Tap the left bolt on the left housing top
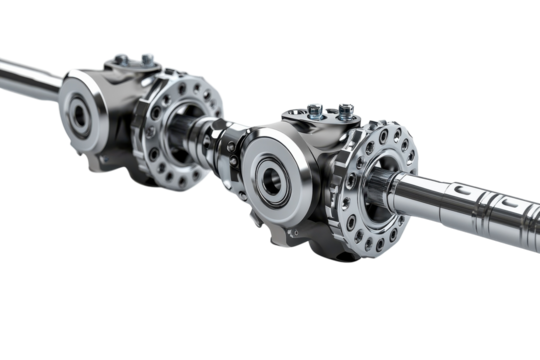(x=121, y=59)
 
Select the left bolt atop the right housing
(x=316, y=107)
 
